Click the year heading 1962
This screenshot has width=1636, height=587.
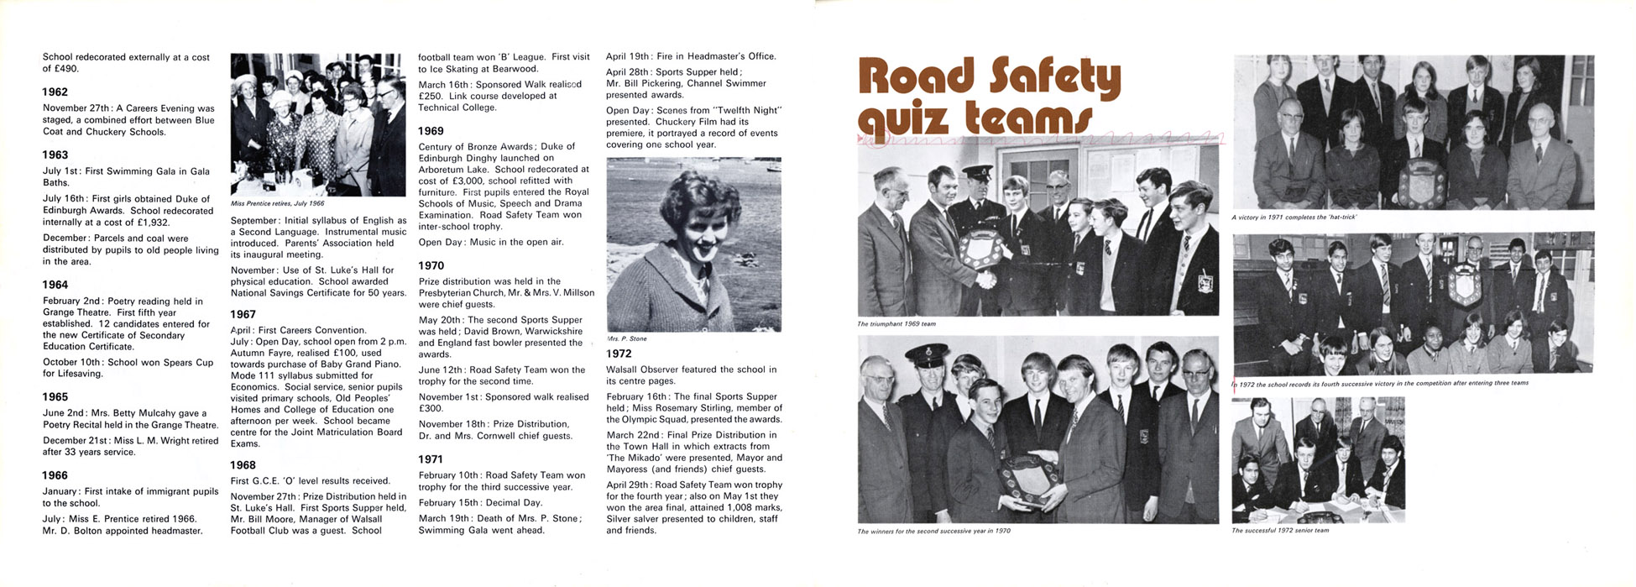pos(55,92)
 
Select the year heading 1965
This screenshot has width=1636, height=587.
pos(55,397)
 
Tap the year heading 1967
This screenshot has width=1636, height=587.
pos(243,315)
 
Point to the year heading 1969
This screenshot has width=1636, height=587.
pos(431,131)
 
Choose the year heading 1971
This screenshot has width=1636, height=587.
pos(431,459)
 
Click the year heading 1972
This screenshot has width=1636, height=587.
pos(619,354)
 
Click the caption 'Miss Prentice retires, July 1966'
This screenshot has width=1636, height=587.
pos(278,204)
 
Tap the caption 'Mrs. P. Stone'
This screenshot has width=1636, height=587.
pos(627,338)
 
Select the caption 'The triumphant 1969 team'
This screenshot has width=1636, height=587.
pos(896,324)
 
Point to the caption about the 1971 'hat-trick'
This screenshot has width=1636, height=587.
pos(1294,218)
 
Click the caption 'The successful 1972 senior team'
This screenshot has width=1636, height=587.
pos(1280,531)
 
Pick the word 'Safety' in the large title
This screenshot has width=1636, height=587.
pos(1054,77)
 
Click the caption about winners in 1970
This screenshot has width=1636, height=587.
pos(934,532)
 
